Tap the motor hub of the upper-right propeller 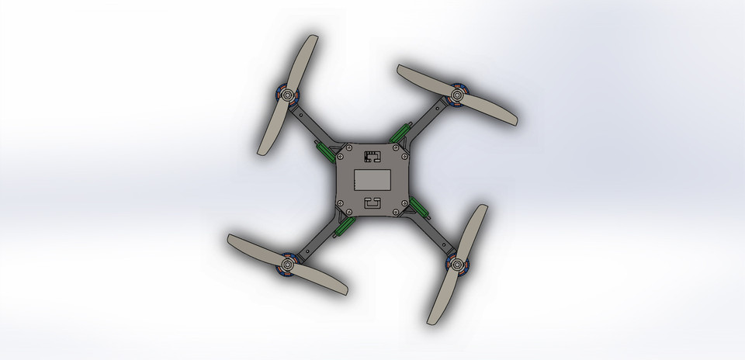point(457,95)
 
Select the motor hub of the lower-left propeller point(288,264)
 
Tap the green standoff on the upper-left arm point(324,151)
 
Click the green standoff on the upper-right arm point(401,133)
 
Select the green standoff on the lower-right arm point(420,208)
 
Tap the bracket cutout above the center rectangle point(372,157)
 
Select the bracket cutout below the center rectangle point(372,202)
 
